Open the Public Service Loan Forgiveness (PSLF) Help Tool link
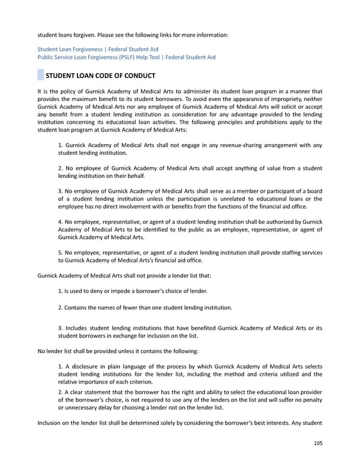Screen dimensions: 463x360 [126, 57]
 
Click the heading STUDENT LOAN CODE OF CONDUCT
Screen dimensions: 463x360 [100, 76]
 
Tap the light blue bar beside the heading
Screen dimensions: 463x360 [40, 76]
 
